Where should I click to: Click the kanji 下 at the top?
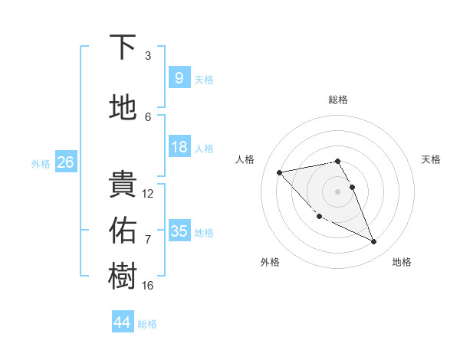123,47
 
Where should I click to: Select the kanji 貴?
123,185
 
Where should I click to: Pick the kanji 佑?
123,229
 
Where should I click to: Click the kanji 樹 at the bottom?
123,277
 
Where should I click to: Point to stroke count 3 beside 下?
148,56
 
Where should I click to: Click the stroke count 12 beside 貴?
148,194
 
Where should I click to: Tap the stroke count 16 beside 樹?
148,286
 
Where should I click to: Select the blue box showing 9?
179,77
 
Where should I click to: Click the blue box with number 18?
179,146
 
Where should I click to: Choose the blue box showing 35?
179,231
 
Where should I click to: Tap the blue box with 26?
65,162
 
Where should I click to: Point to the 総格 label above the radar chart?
338,100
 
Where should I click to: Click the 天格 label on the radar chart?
431,159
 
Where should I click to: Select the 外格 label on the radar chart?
270,262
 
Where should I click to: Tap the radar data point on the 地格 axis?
374,242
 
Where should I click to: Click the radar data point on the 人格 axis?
279,172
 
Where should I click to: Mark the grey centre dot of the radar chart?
338,191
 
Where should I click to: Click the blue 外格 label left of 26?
41,163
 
